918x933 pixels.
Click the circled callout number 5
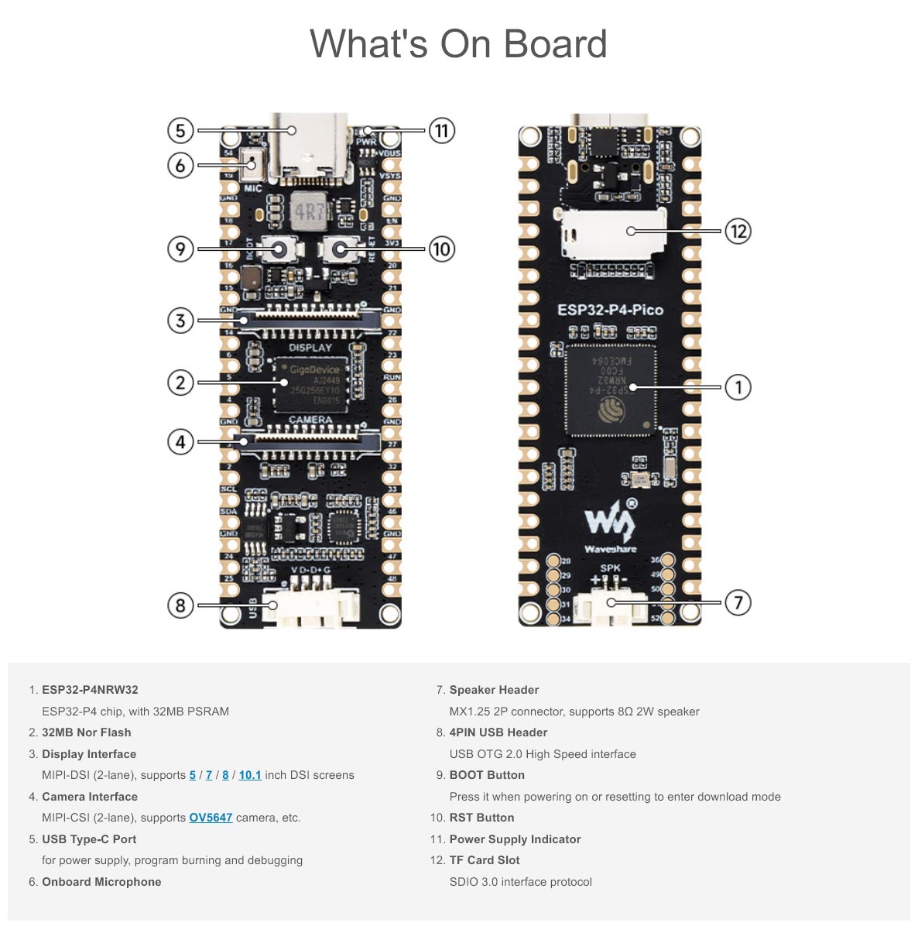click(x=180, y=130)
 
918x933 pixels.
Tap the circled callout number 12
click(x=738, y=231)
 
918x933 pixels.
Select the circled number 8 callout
click(x=180, y=605)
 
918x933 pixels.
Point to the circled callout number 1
click(x=738, y=387)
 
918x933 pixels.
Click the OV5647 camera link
click(x=211, y=818)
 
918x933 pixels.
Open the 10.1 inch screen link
click(x=249, y=775)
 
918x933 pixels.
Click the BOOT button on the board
click(x=280, y=249)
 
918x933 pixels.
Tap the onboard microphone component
click(x=252, y=165)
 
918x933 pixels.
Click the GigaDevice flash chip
click(x=310, y=383)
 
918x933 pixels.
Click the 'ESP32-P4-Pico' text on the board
click(x=610, y=310)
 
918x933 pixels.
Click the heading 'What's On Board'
click(x=458, y=44)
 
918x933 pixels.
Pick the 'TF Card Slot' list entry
click(x=485, y=860)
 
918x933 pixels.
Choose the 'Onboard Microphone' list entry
click(x=101, y=882)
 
